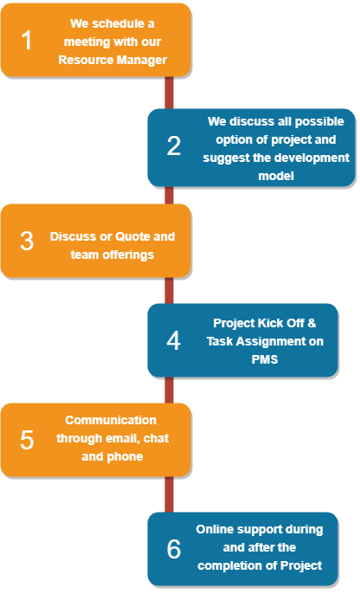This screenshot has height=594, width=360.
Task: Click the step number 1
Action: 28,41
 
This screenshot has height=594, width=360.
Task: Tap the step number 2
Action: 174,146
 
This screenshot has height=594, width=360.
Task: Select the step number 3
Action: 27,241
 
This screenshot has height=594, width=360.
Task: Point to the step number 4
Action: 174,340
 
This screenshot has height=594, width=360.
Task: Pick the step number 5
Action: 27,439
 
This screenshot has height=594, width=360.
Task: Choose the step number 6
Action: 174,548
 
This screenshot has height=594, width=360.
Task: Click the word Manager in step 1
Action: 145,60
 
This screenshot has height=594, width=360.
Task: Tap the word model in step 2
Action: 277,176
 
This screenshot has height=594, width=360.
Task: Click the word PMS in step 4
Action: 265,359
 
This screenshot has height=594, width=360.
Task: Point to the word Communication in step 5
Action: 111,420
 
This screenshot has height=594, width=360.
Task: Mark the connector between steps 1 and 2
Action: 170,93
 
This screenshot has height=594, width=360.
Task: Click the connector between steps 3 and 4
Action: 170,291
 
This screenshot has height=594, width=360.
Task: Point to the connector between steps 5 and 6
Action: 170,494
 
